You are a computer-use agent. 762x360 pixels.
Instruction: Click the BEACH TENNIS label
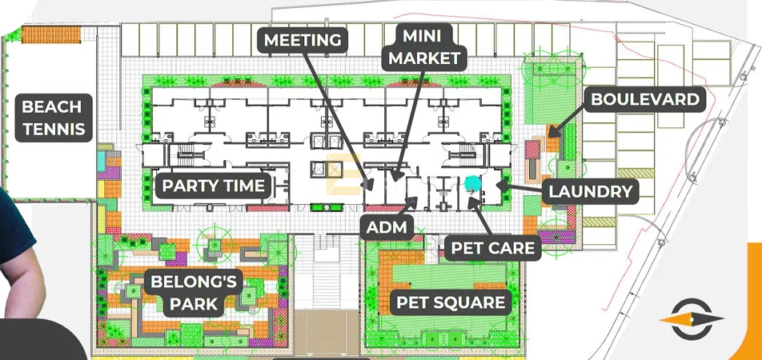pyautogui.click(x=54, y=118)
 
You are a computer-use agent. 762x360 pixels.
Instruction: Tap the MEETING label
pyautogui.click(x=303, y=40)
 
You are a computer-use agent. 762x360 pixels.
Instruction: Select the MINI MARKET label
pyautogui.click(x=424, y=46)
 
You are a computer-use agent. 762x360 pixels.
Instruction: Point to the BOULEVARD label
pyautogui.click(x=644, y=99)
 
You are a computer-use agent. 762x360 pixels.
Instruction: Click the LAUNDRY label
pyautogui.click(x=590, y=191)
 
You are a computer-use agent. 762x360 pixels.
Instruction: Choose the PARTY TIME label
pyautogui.click(x=214, y=186)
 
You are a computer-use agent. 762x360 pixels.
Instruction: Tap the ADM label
pyautogui.click(x=387, y=227)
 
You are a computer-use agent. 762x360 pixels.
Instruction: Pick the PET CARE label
pyautogui.click(x=493, y=248)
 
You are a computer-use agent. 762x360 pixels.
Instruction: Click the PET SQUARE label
pyautogui.click(x=451, y=302)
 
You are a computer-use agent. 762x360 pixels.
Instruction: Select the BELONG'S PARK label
pyautogui.click(x=194, y=293)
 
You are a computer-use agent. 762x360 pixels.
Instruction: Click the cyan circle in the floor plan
pyautogui.click(x=472, y=185)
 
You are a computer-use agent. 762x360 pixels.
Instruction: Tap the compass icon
pyautogui.click(x=692, y=319)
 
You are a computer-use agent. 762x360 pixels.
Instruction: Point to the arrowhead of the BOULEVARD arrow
pyautogui.click(x=554, y=132)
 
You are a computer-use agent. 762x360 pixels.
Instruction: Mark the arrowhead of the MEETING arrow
pyautogui.click(x=368, y=183)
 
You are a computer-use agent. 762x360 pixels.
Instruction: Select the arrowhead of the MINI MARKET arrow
pyautogui.click(x=396, y=176)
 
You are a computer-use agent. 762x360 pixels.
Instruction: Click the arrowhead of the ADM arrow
pyautogui.click(x=412, y=200)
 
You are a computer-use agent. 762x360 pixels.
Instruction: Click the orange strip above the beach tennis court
pyautogui.click(x=51, y=35)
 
